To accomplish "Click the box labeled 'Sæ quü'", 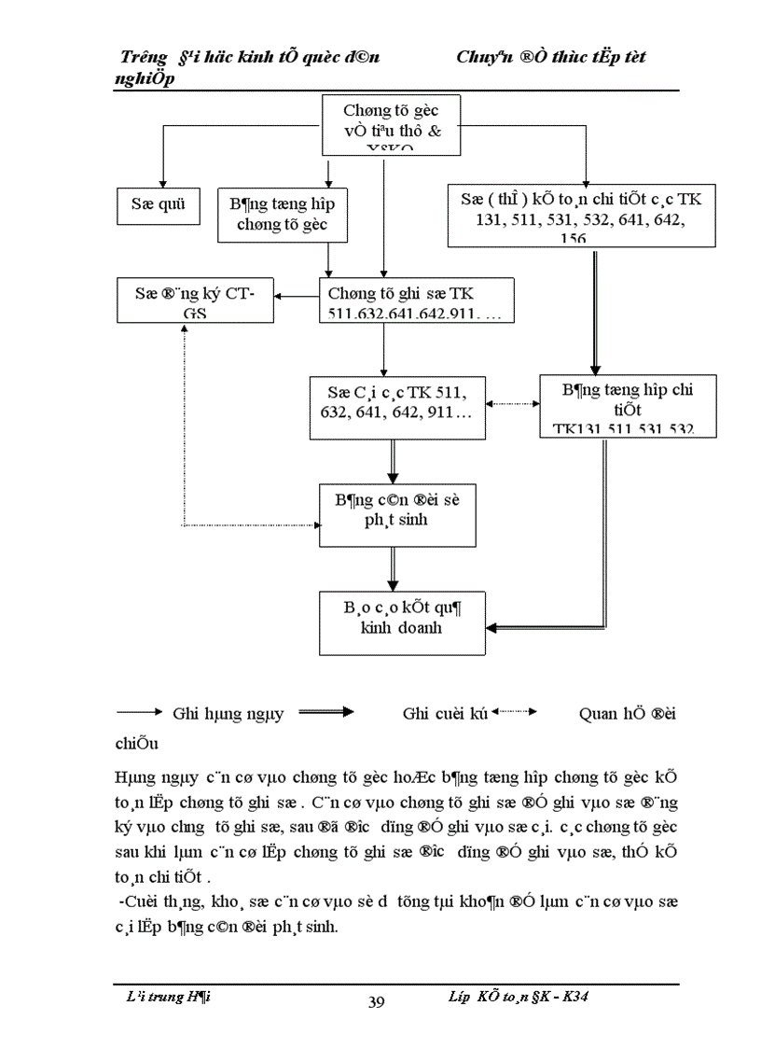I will coord(159,206).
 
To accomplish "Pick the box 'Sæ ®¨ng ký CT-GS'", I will coord(195,300).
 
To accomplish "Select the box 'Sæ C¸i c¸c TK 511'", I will coord(398,407).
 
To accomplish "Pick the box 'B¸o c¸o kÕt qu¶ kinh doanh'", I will coord(399,622).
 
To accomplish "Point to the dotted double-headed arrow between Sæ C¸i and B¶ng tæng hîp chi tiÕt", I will coord(512,404).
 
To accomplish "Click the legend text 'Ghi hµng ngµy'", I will coord(228,715).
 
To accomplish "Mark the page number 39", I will coord(377,1002).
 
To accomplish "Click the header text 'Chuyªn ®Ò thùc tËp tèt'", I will coord(551,57).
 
